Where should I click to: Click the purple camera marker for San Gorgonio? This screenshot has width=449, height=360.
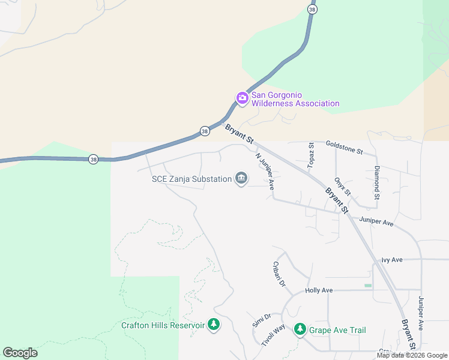coord(242,98)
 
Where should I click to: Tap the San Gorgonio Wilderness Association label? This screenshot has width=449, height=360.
coord(295,99)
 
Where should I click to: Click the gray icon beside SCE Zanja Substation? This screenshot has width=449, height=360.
coord(241,178)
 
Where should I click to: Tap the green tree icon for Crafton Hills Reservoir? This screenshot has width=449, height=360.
coord(213,325)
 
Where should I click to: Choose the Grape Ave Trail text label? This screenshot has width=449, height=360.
coord(337,330)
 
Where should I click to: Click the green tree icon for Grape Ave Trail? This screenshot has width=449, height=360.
coord(300,329)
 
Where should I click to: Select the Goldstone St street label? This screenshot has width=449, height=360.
coord(344,147)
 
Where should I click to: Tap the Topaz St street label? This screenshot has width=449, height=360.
coord(311,155)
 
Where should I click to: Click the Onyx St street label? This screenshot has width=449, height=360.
coord(342,186)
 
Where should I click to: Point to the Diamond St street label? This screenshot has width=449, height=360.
coord(377,182)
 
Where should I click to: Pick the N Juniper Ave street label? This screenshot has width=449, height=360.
coord(265,171)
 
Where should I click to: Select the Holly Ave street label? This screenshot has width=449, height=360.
coord(319,290)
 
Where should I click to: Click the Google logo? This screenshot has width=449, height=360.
coord(20,353)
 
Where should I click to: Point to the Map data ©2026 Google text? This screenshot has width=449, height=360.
coord(411,355)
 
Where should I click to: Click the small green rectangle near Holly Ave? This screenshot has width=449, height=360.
coord(368,285)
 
